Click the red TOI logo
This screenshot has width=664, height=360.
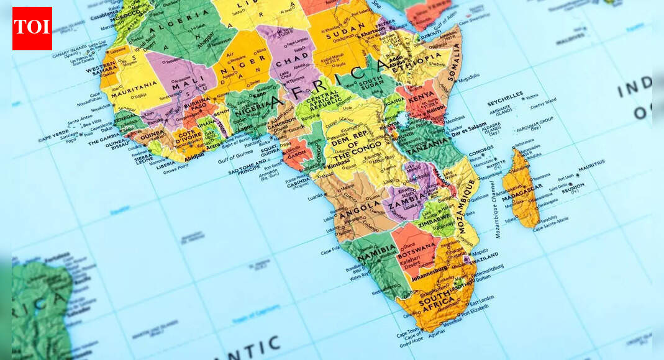tap(32, 29)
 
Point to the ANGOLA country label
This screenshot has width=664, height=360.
tap(359, 206)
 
